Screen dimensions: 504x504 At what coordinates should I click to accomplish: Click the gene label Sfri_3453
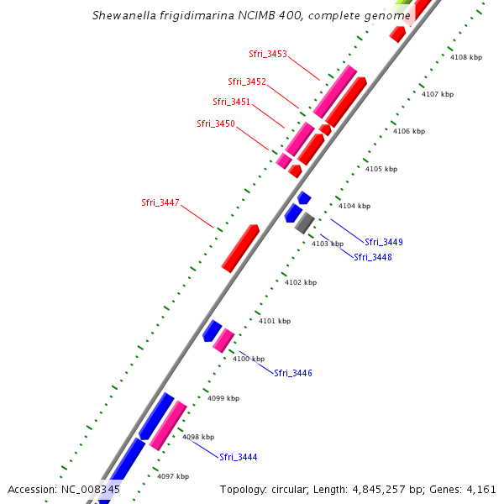[268, 54]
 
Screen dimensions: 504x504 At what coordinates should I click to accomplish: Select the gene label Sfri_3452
[247, 81]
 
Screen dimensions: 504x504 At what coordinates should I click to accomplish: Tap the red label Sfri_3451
[231, 102]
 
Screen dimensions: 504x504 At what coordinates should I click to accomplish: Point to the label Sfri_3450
[216, 123]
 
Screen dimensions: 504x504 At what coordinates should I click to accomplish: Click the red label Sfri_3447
[160, 202]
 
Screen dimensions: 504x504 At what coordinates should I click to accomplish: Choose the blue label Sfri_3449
[384, 242]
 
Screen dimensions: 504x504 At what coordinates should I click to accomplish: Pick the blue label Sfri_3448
[372, 257]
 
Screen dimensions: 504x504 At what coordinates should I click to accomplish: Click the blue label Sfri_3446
[293, 373]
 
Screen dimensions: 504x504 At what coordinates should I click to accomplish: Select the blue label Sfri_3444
[239, 457]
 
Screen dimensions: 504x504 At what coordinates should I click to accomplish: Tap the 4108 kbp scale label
[466, 57]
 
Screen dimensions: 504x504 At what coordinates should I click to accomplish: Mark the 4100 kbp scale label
[249, 359]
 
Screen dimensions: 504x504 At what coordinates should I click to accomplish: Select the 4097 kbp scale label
[173, 476]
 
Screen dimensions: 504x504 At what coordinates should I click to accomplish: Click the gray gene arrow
[304, 223]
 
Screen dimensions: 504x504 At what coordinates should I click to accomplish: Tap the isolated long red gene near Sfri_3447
[240, 248]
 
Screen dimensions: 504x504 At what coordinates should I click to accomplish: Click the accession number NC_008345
[90, 489]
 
